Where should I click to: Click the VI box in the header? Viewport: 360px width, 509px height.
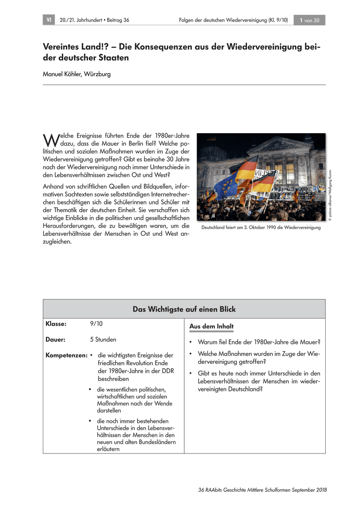(49, 20)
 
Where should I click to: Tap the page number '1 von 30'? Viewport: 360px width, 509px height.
(310, 20)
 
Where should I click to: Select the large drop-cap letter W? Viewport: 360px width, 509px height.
(50, 140)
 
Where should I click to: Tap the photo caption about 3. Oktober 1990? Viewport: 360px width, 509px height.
(261, 227)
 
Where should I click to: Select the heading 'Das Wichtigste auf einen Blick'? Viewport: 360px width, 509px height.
(184, 309)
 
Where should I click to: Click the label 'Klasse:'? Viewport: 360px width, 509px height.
(56, 324)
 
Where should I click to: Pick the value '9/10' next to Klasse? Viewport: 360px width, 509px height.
(96, 324)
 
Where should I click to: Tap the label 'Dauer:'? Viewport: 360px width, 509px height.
(55, 339)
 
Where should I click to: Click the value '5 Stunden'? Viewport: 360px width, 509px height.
(103, 339)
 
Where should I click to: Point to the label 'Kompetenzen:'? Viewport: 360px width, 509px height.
(66, 355)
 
